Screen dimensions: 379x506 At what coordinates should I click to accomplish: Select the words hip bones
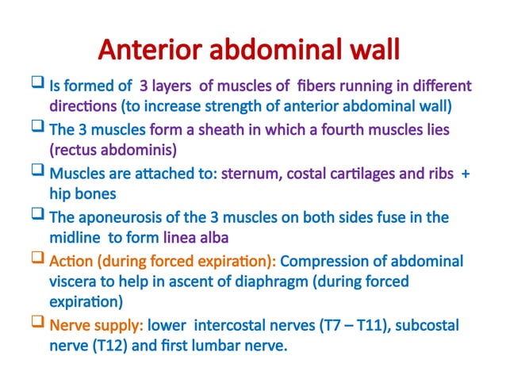click(80, 192)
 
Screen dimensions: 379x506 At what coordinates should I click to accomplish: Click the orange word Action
click(70, 261)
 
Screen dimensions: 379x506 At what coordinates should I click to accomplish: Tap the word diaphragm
click(288, 281)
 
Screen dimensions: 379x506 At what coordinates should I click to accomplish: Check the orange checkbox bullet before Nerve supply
click(37, 323)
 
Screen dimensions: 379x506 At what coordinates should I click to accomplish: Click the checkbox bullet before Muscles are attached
click(37, 171)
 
